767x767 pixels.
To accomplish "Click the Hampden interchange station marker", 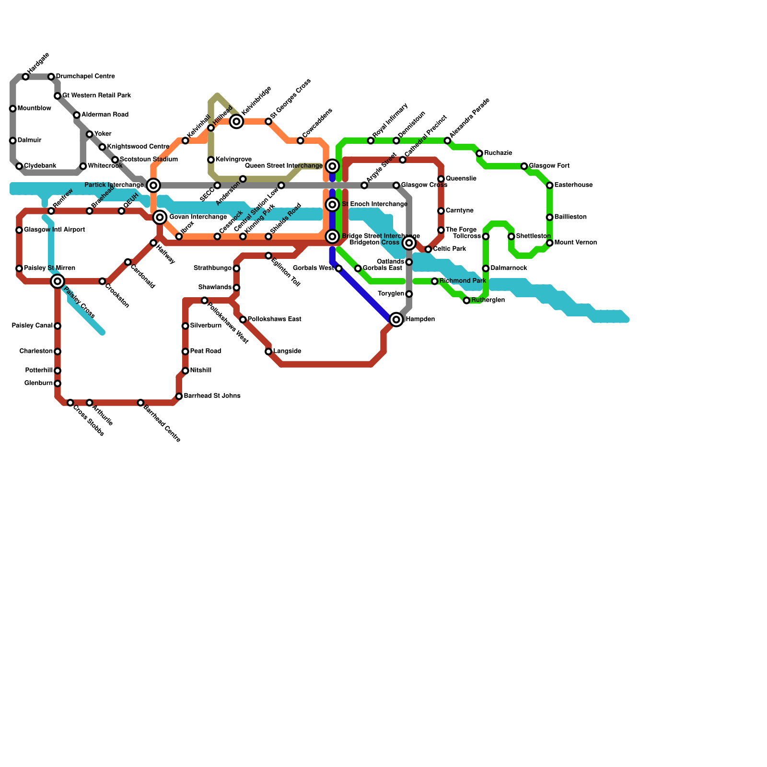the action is [x=396, y=319].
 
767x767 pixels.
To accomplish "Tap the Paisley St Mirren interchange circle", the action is [x=58, y=281].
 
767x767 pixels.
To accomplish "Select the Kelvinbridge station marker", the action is [x=236, y=121].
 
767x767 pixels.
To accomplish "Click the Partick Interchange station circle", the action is [x=153, y=185].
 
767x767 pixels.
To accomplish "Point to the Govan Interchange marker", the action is [x=160, y=217].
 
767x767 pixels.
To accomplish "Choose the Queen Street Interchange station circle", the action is [x=332, y=166].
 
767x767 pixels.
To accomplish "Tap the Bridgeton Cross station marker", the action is [x=409, y=243].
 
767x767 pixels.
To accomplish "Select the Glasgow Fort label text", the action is [x=549, y=166].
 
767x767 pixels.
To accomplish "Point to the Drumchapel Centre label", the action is [x=85, y=77].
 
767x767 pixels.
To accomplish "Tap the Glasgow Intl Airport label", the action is [x=54, y=230].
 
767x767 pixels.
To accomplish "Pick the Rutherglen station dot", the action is [x=466, y=300].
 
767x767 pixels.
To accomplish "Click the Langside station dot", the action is [x=268, y=351].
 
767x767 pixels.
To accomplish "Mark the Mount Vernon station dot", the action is [x=550, y=243].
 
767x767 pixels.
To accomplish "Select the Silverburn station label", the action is [x=205, y=326].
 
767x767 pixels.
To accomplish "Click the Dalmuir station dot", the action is [x=13, y=140].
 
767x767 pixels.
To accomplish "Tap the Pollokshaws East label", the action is [x=274, y=319].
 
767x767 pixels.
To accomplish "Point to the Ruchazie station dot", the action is [x=479, y=153].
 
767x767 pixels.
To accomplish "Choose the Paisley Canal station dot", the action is [x=58, y=326].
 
